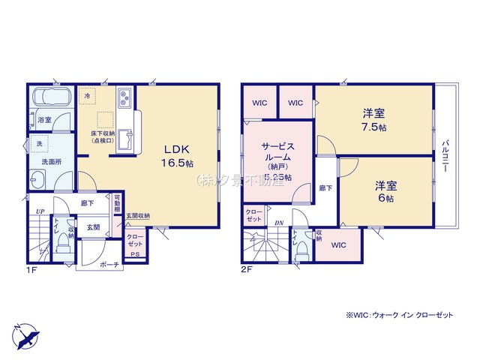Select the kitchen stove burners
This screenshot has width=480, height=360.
(x=124, y=97)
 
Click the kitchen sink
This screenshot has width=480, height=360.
(x=127, y=139)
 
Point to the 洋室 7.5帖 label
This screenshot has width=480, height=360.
(x=373, y=120)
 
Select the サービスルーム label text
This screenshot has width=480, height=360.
(x=277, y=154)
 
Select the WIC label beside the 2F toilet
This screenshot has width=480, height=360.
(x=337, y=245)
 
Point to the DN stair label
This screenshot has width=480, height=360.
(x=278, y=223)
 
